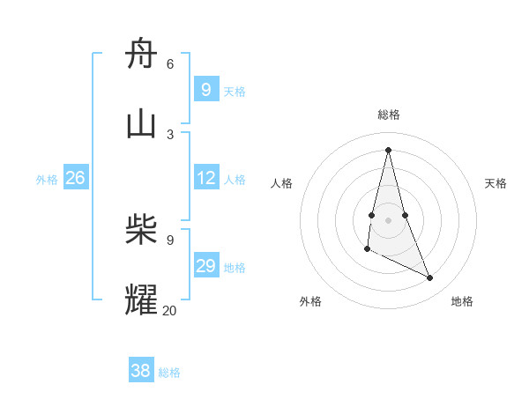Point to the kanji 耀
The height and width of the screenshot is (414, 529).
pyautogui.click(x=142, y=300)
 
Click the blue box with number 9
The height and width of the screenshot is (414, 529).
pyautogui.click(x=205, y=89)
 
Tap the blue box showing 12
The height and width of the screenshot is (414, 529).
pyautogui.click(x=205, y=178)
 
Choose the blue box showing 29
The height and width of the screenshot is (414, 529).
pyautogui.click(x=205, y=266)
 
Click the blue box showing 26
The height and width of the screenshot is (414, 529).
pyautogui.click(x=75, y=178)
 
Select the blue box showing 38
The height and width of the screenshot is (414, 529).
pyautogui.click(x=141, y=371)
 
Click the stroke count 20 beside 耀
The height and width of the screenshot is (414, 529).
pyautogui.click(x=169, y=310)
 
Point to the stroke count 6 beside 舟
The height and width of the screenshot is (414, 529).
pyautogui.click(x=170, y=64)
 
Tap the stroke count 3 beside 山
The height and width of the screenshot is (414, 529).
pyautogui.click(x=170, y=134)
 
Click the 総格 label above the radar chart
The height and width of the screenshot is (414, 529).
pyautogui.click(x=388, y=115)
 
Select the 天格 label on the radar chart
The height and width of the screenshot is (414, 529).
pyautogui.click(x=495, y=183)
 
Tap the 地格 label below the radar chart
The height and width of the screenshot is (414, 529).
pyautogui.click(x=462, y=301)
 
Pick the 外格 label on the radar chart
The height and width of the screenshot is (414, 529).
pyautogui.click(x=310, y=301)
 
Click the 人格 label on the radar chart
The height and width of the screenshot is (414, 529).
pyautogui.click(x=281, y=183)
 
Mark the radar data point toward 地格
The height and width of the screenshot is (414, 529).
pyautogui.click(x=430, y=278)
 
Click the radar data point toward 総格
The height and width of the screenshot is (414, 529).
pyautogui.click(x=388, y=149)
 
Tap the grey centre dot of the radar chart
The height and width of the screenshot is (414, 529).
pyautogui.click(x=388, y=219)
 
